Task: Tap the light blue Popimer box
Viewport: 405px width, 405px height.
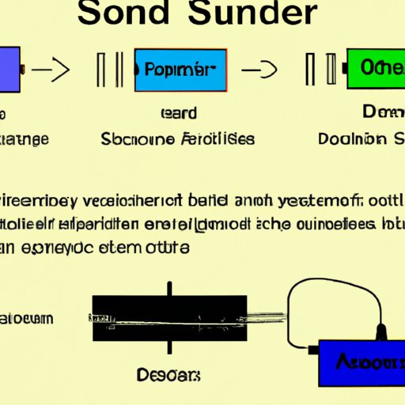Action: pos(180,69)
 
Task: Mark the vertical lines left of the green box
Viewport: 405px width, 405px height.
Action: pos(320,70)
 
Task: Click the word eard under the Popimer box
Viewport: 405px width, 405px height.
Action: pos(178,114)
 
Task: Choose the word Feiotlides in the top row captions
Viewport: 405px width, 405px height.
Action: pos(223,139)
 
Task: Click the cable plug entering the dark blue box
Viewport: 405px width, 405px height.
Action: pos(383,332)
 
